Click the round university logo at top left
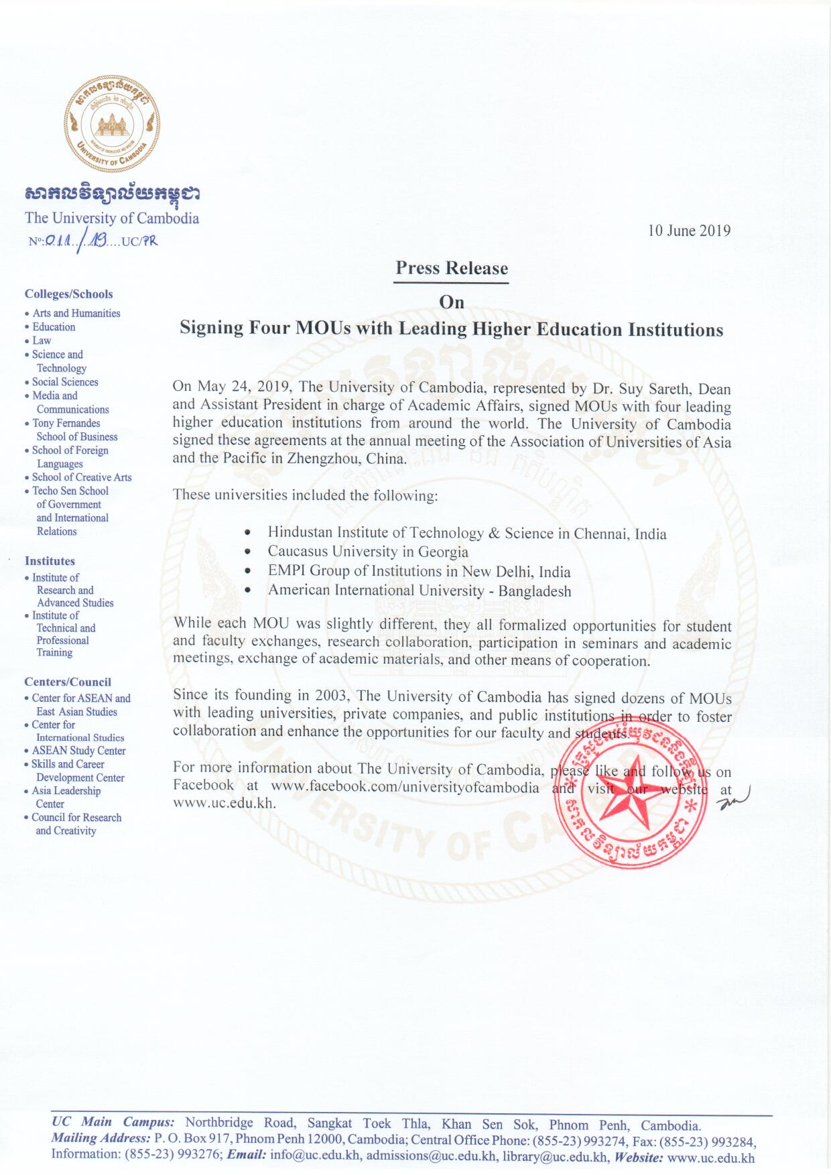112,123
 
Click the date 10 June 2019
688,231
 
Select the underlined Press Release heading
451,268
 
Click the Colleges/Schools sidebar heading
68,294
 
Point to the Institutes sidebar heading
50,561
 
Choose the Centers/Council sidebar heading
68,682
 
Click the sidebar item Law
42,341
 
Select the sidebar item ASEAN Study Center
78,751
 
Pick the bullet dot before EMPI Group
248,572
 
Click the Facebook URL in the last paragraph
404,787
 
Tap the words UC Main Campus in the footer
113,1122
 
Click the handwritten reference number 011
59,240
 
